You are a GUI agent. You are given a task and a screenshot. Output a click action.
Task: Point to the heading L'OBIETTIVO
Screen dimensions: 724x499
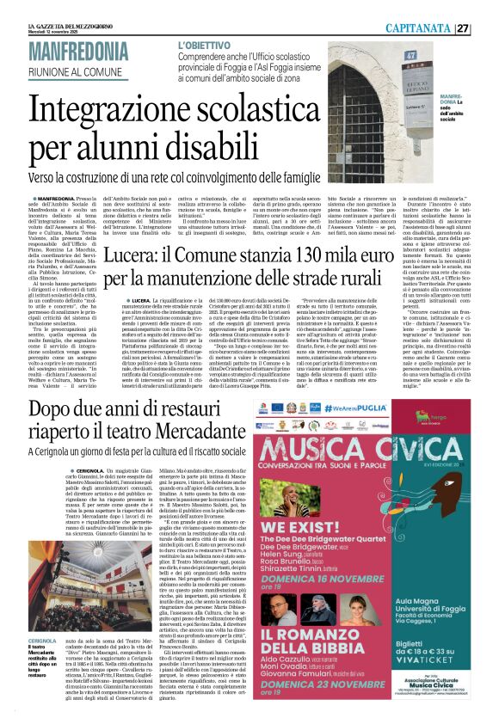(206, 43)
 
